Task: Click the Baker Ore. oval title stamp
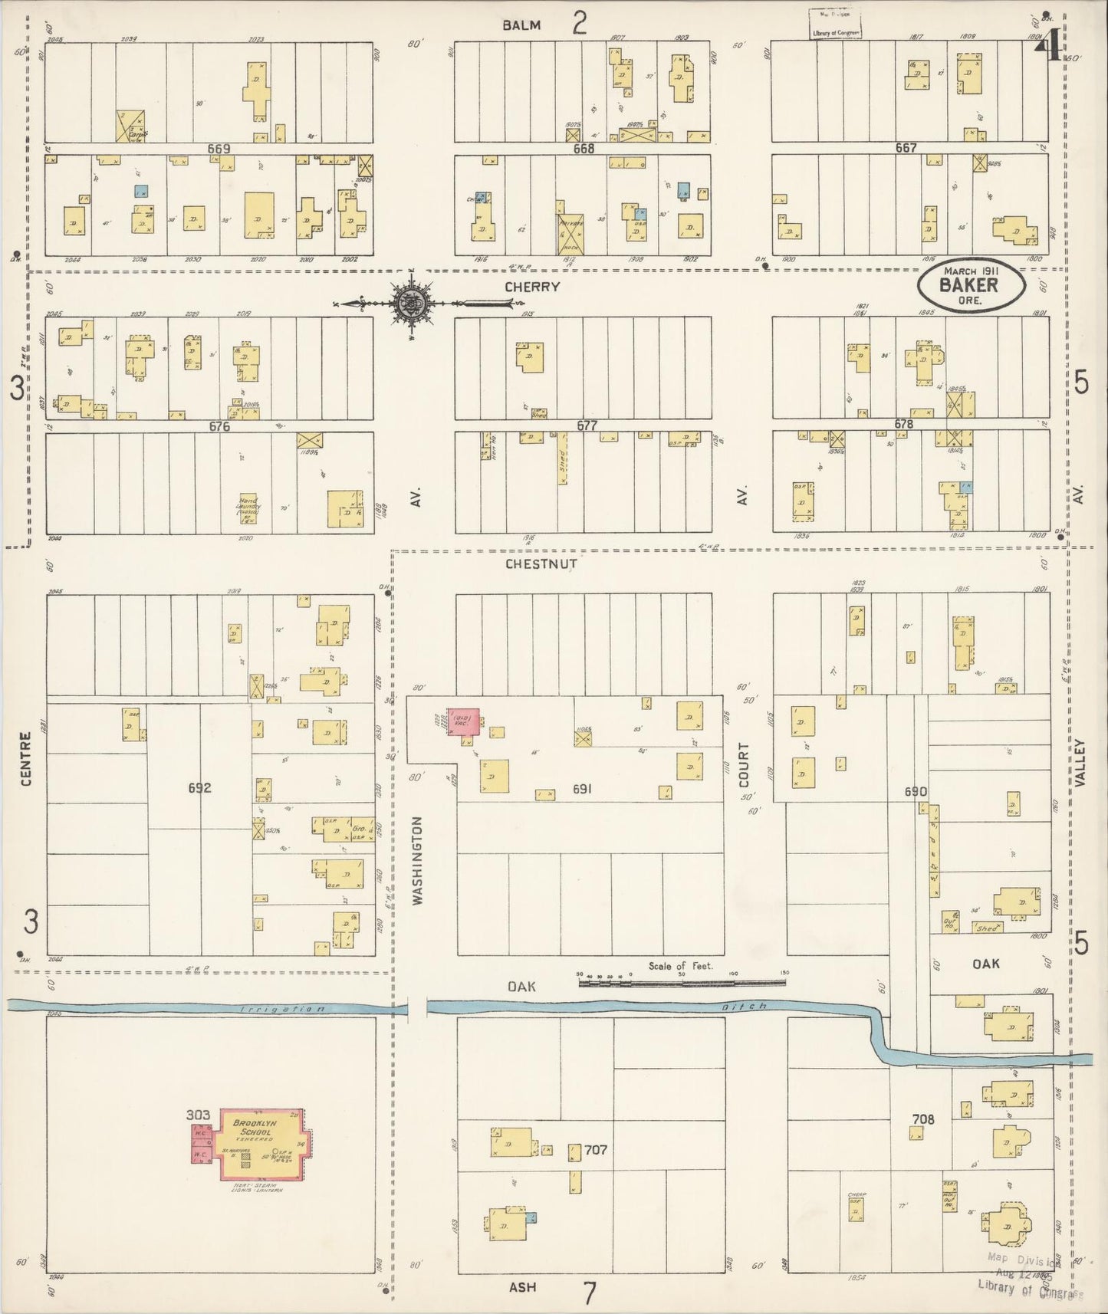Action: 971,284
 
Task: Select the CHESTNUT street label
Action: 541,564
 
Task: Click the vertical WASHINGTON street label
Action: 418,861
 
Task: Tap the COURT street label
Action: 743,764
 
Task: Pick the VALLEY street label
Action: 1080,762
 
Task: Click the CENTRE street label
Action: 26,759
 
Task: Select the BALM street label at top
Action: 521,25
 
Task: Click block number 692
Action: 199,787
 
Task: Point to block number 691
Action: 582,788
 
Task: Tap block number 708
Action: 923,1119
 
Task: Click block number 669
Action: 219,147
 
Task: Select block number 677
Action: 587,425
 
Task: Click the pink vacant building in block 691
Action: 464,723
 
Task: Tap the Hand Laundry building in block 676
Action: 248,508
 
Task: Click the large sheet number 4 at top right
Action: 1048,49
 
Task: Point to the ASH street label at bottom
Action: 522,1287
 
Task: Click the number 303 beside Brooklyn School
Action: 199,1115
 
